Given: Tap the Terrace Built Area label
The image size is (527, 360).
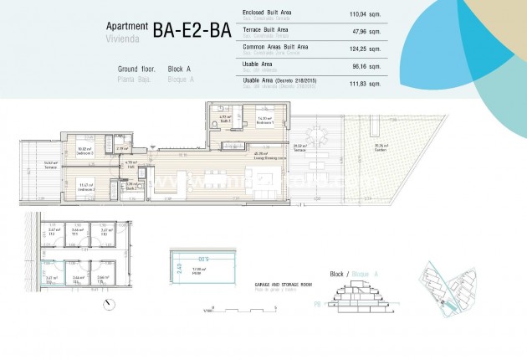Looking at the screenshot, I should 266,28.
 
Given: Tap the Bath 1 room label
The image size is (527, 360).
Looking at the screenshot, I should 224,121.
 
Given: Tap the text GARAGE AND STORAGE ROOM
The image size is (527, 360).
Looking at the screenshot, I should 282,284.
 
